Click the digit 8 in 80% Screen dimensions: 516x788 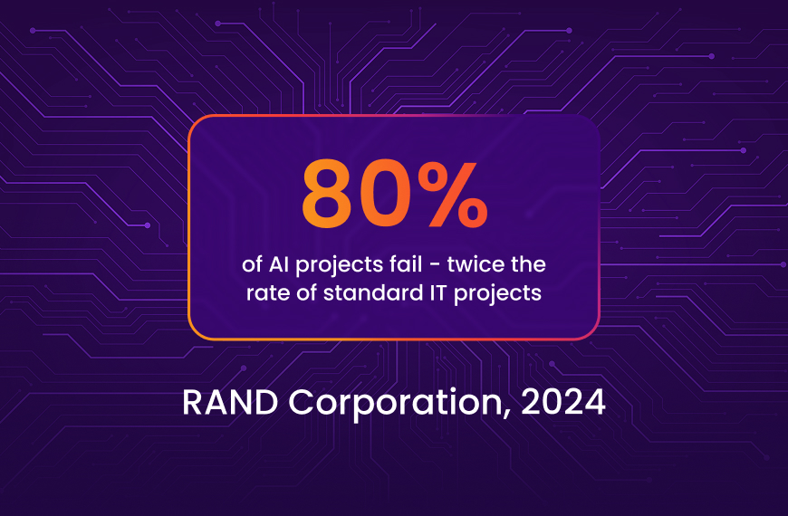click(x=330, y=195)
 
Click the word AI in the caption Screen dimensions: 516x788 click(x=278, y=266)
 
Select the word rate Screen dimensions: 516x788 click(x=265, y=294)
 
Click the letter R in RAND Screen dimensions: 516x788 click(x=193, y=402)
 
